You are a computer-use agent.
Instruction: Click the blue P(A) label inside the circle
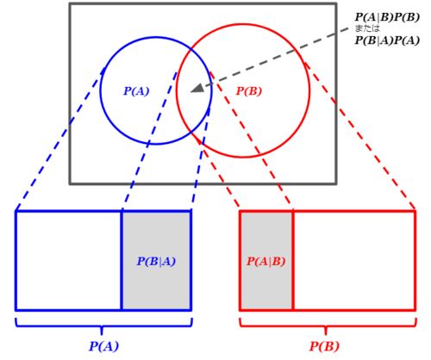pyautogui.click(x=136, y=91)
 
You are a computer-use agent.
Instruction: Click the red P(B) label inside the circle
pyautogui.click(x=249, y=91)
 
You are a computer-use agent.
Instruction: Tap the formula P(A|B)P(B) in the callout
pyautogui.click(x=387, y=17)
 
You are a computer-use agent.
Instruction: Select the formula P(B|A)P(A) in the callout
pyautogui.click(x=387, y=40)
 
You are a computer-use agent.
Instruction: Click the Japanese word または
pyautogui.click(x=367, y=28)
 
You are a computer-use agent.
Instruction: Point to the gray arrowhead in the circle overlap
pyautogui.click(x=197, y=89)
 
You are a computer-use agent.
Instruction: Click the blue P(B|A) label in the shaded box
pyautogui.click(x=156, y=262)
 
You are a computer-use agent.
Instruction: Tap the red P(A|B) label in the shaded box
pyautogui.click(x=266, y=262)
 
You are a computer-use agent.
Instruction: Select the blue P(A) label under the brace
pyautogui.click(x=103, y=346)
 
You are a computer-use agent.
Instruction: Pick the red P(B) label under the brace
pyautogui.click(x=324, y=346)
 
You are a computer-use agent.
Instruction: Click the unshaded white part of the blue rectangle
pyautogui.click(x=69, y=261)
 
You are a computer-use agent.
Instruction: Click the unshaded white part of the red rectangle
pyautogui.click(x=354, y=261)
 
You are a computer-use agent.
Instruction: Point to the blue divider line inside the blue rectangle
pyautogui.click(x=122, y=261)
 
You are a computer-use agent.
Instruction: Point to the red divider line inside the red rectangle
pyautogui.click(x=293, y=261)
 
